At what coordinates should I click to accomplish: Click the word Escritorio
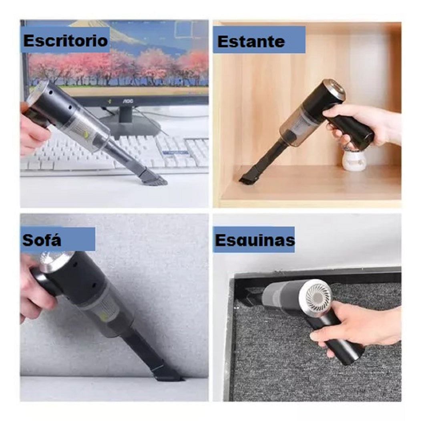pos(65,41)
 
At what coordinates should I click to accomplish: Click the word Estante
pos(251,42)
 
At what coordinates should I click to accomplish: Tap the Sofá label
pos(42,240)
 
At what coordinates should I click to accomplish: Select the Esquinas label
pos(255,240)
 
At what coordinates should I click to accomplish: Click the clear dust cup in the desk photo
pos(83,125)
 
